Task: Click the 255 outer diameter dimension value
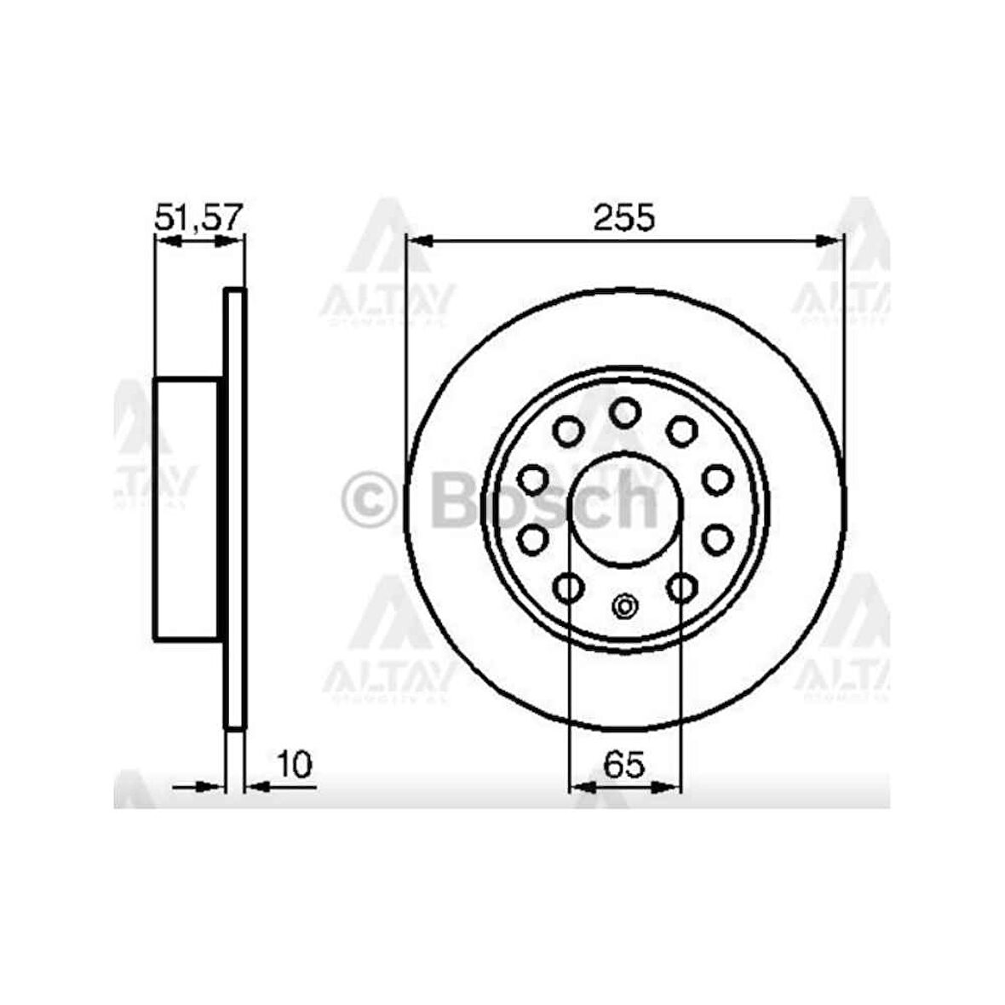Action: [x=624, y=218]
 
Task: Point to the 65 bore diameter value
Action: [x=624, y=765]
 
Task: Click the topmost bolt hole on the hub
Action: [x=624, y=413]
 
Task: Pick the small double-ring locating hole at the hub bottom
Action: [x=624, y=607]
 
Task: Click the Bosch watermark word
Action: [x=545, y=502]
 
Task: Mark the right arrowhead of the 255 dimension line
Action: [x=830, y=242]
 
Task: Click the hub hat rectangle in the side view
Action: [x=187, y=509]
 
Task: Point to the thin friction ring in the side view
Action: [x=235, y=509]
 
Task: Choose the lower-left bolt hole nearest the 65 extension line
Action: [x=568, y=587]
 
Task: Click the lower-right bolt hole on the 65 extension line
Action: [x=681, y=587]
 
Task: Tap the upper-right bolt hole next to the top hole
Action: [x=681, y=431]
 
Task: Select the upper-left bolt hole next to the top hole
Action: [x=567, y=431]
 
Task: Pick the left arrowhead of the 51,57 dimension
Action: [x=167, y=242]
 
